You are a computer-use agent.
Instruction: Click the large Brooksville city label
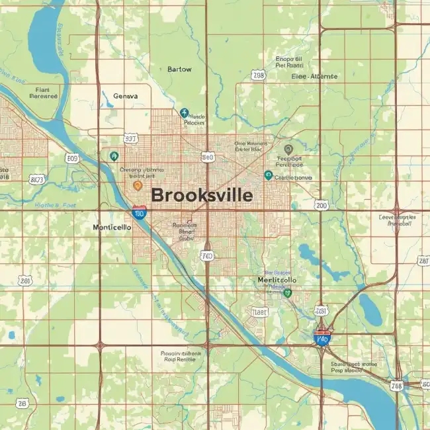tap(202, 195)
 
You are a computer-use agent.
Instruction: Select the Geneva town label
tap(126, 96)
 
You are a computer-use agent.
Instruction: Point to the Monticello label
tap(112, 226)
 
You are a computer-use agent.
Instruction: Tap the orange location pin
tap(138, 186)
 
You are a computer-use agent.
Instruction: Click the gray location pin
tap(288, 150)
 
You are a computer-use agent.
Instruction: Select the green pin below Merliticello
tap(287, 292)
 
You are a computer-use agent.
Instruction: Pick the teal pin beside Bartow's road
tap(184, 113)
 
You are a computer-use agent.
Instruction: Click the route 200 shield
tap(322, 206)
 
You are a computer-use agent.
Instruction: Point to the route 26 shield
tap(22, 402)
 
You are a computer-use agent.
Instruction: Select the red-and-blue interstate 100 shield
tap(139, 212)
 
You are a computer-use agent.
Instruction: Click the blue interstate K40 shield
tap(322, 338)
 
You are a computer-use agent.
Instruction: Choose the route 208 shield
tap(259, 75)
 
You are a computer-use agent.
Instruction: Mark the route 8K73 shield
tap(38, 179)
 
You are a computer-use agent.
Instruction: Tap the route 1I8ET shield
tap(260, 311)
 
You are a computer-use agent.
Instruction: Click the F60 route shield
tap(207, 255)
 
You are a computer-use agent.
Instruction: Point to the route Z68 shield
tap(397, 386)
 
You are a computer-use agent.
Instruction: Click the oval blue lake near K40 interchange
tap(370, 305)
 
